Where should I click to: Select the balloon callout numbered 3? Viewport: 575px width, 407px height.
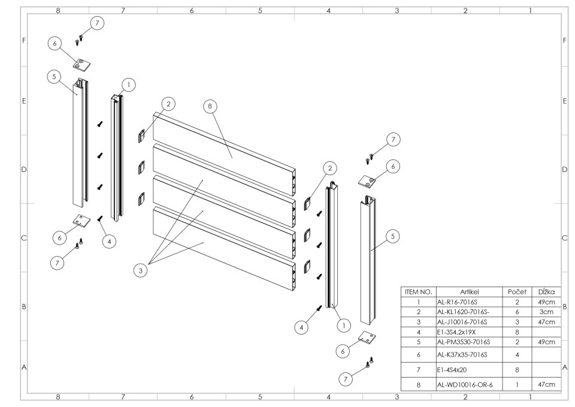coord(141,270)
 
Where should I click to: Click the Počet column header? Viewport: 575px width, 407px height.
coord(516,291)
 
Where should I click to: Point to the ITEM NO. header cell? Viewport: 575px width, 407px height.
coord(419,291)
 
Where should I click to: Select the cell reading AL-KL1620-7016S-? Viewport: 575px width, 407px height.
coord(465,312)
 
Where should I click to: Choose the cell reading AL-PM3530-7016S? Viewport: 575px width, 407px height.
coord(465,342)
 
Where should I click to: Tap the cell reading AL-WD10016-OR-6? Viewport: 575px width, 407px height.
coord(465,384)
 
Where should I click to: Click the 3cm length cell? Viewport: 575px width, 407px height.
coord(546,312)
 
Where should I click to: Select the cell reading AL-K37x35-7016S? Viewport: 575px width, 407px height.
coord(465,355)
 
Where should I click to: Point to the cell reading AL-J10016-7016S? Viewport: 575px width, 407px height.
coord(465,322)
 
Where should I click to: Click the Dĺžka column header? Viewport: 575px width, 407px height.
coord(546,291)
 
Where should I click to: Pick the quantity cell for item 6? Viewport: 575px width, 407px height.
coord(516,355)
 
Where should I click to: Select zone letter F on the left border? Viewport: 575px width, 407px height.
coord(24,41)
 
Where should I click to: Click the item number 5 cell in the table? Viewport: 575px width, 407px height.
coord(419,342)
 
